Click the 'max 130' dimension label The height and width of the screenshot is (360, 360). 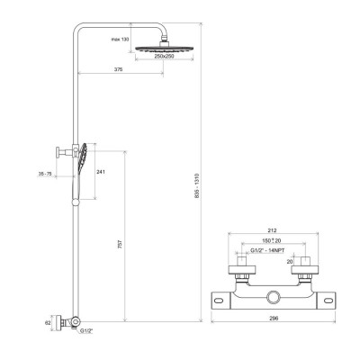click(x=120, y=40)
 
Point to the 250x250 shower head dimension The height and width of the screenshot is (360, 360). click(x=164, y=56)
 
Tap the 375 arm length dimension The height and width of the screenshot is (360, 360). click(x=119, y=69)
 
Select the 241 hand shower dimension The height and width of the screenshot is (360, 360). click(x=101, y=172)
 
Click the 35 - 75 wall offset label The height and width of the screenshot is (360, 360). click(x=45, y=174)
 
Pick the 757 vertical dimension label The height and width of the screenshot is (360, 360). click(x=121, y=244)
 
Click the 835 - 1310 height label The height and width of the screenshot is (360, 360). click(x=197, y=185)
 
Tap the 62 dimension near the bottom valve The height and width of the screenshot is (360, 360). click(x=48, y=323)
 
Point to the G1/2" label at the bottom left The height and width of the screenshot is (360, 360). click(x=86, y=331)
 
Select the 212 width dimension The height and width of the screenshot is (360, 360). click(x=273, y=230)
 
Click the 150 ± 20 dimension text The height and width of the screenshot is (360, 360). click(x=271, y=240)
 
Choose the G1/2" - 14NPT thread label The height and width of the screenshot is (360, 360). click(x=267, y=251)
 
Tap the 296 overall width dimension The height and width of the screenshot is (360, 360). click(x=274, y=318)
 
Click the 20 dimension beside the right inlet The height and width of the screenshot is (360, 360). click(x=289, y=262)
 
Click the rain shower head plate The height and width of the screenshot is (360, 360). click(x=164, y=49)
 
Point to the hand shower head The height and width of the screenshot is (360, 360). click(x=83, y=158)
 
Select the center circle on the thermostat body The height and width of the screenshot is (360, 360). click(x=274, y=297)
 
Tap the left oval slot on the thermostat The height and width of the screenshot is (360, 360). click(x=220, y=301)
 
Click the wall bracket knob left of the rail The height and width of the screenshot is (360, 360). click(x=58, y=152)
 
